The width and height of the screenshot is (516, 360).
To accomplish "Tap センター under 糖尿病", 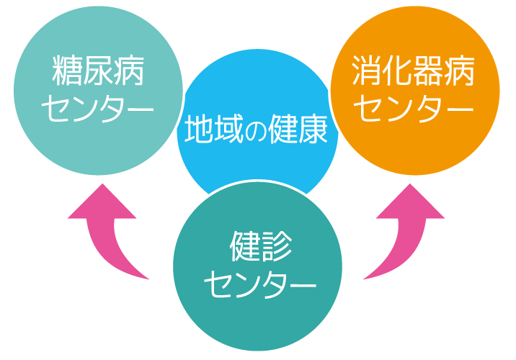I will point(98,109).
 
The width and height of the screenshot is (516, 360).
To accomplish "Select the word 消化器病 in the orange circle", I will point(414,72).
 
